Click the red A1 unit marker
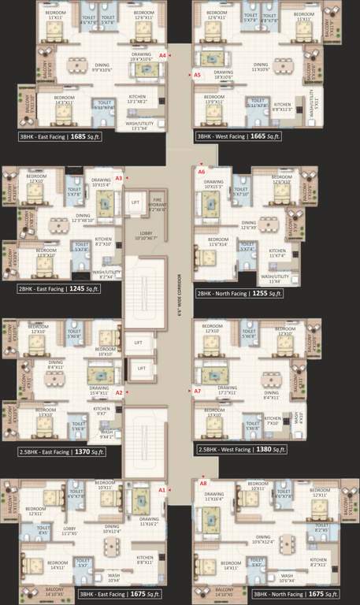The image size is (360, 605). [x=161, y=490]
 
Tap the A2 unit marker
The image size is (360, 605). [x=119, y=392]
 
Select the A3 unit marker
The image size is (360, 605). [x=118, y=179]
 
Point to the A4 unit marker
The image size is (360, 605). [x=162, y=56]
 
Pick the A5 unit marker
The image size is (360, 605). [x=197, y=75]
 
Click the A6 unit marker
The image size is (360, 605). [x=202, y=171]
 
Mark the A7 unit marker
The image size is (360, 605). [x=198, y=391]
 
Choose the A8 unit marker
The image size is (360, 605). [x=203, y=482]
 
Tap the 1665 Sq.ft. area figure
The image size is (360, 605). [x=267, y=136]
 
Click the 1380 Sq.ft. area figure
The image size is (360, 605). [x=269, y=451]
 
